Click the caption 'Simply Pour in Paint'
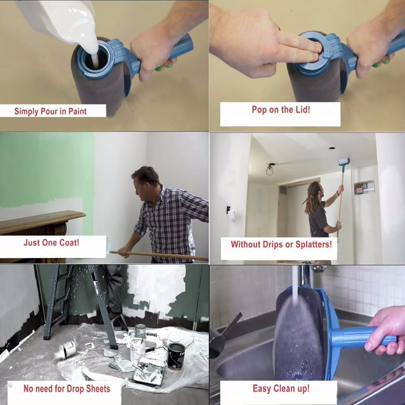50,111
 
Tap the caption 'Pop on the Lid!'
281,109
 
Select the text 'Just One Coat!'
51,243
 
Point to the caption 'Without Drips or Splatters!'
281,244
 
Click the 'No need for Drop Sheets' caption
67,388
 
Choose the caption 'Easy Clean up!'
281,388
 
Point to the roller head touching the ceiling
344,162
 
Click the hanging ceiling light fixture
270,170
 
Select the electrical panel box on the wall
364,187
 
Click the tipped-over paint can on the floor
67,349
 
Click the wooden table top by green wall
41,218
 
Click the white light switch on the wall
231,215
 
